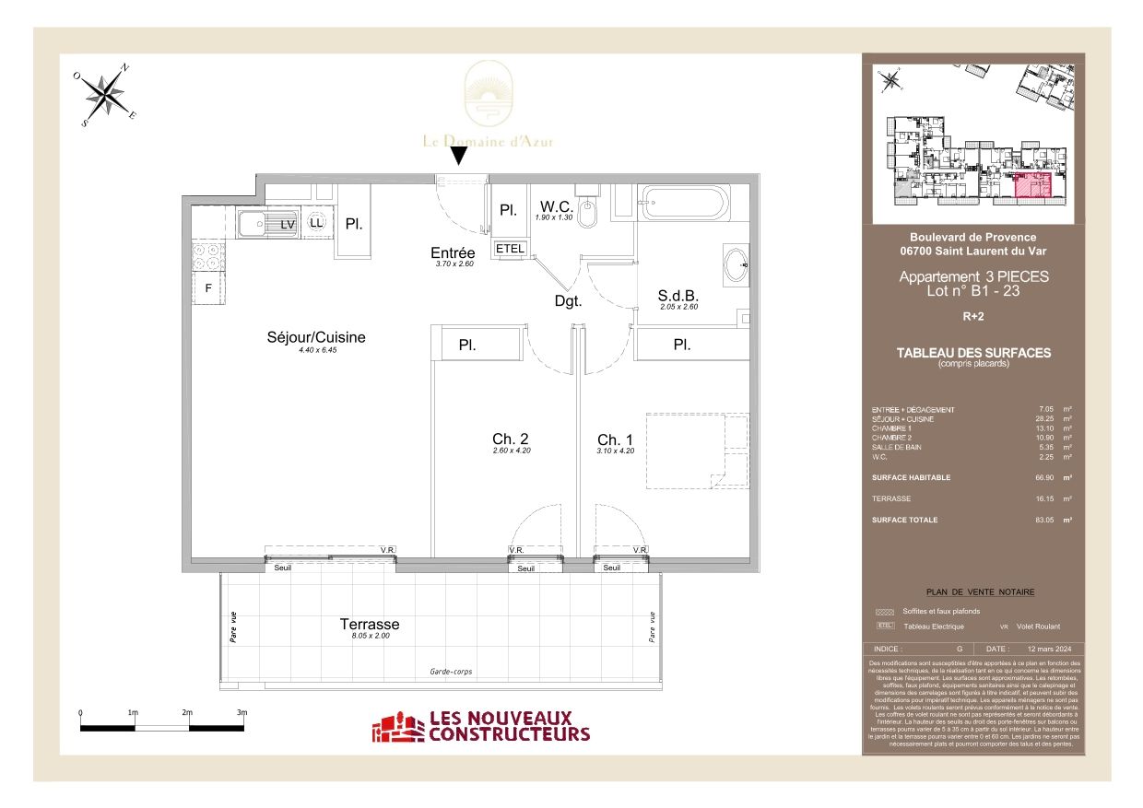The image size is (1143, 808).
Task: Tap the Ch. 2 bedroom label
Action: (511, 439)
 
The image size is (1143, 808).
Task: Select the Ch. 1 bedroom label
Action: (615, 439)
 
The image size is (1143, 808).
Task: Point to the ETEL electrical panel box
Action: (510, 249)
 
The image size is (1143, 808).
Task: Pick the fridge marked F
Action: (208, 287)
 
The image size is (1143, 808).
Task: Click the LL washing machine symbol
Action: (316, 223)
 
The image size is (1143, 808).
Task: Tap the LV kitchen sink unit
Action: (266, 224)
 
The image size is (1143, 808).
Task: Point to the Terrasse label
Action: (370, 625)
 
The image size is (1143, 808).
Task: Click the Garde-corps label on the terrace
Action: (451, 672)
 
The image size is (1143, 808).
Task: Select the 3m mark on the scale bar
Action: (242, 713)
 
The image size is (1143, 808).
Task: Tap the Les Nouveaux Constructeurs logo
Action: (480, 726)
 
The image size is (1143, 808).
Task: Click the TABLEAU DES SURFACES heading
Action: (972, 353)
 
